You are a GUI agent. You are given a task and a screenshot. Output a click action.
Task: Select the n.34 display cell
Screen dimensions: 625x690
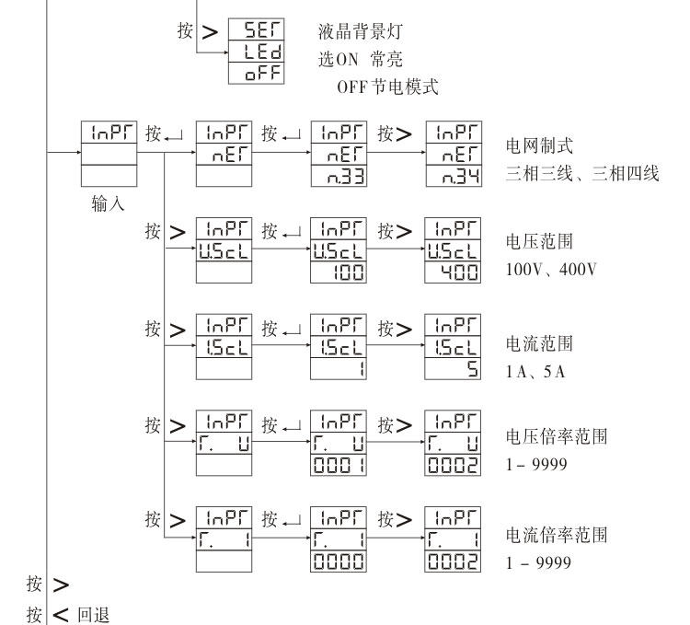[454, 174]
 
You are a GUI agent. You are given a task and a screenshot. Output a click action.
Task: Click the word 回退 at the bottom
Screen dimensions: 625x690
[94, 614]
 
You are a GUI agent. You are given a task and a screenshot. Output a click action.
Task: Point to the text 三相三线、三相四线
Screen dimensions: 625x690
[581, 175]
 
